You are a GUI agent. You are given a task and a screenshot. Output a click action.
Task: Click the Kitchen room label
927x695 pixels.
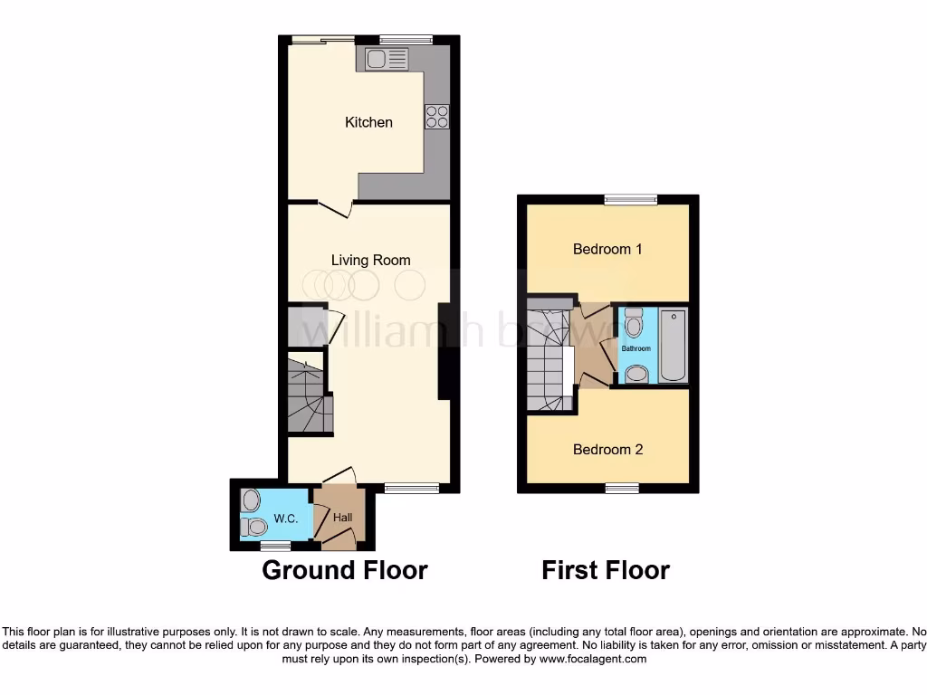[x=368, y=122]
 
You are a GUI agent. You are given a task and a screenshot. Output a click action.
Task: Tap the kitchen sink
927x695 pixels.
[x=387, y=60]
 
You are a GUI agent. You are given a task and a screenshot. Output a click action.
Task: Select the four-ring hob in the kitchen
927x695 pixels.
[x=436, y=117]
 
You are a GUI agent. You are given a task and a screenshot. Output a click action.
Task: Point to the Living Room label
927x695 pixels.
[x=370, y=261]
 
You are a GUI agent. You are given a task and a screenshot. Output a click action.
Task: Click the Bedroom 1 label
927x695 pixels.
[x=607, y=249]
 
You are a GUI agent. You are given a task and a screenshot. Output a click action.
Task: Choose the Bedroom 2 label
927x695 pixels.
[x=607, y=450]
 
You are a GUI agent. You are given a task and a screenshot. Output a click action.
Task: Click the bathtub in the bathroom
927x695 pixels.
[x=674, y=346]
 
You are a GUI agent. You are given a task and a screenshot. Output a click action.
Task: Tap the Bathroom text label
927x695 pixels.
[x=636, y=348]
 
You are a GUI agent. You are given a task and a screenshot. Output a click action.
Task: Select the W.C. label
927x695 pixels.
[x=285, y=519]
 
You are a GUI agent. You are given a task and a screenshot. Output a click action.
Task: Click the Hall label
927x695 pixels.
[x=342, y=518]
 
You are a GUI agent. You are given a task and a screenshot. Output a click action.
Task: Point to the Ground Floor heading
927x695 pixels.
[x=344, y=570]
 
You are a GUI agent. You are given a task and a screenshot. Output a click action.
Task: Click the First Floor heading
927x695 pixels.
[x=605, y=570]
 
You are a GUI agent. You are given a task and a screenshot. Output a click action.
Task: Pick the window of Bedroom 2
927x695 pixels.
[x=622, y=489]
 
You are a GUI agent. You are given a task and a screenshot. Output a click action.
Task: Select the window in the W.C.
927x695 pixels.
[x=275, y=546]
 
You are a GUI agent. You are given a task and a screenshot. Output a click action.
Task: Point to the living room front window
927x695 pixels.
[x=412, y=489]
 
